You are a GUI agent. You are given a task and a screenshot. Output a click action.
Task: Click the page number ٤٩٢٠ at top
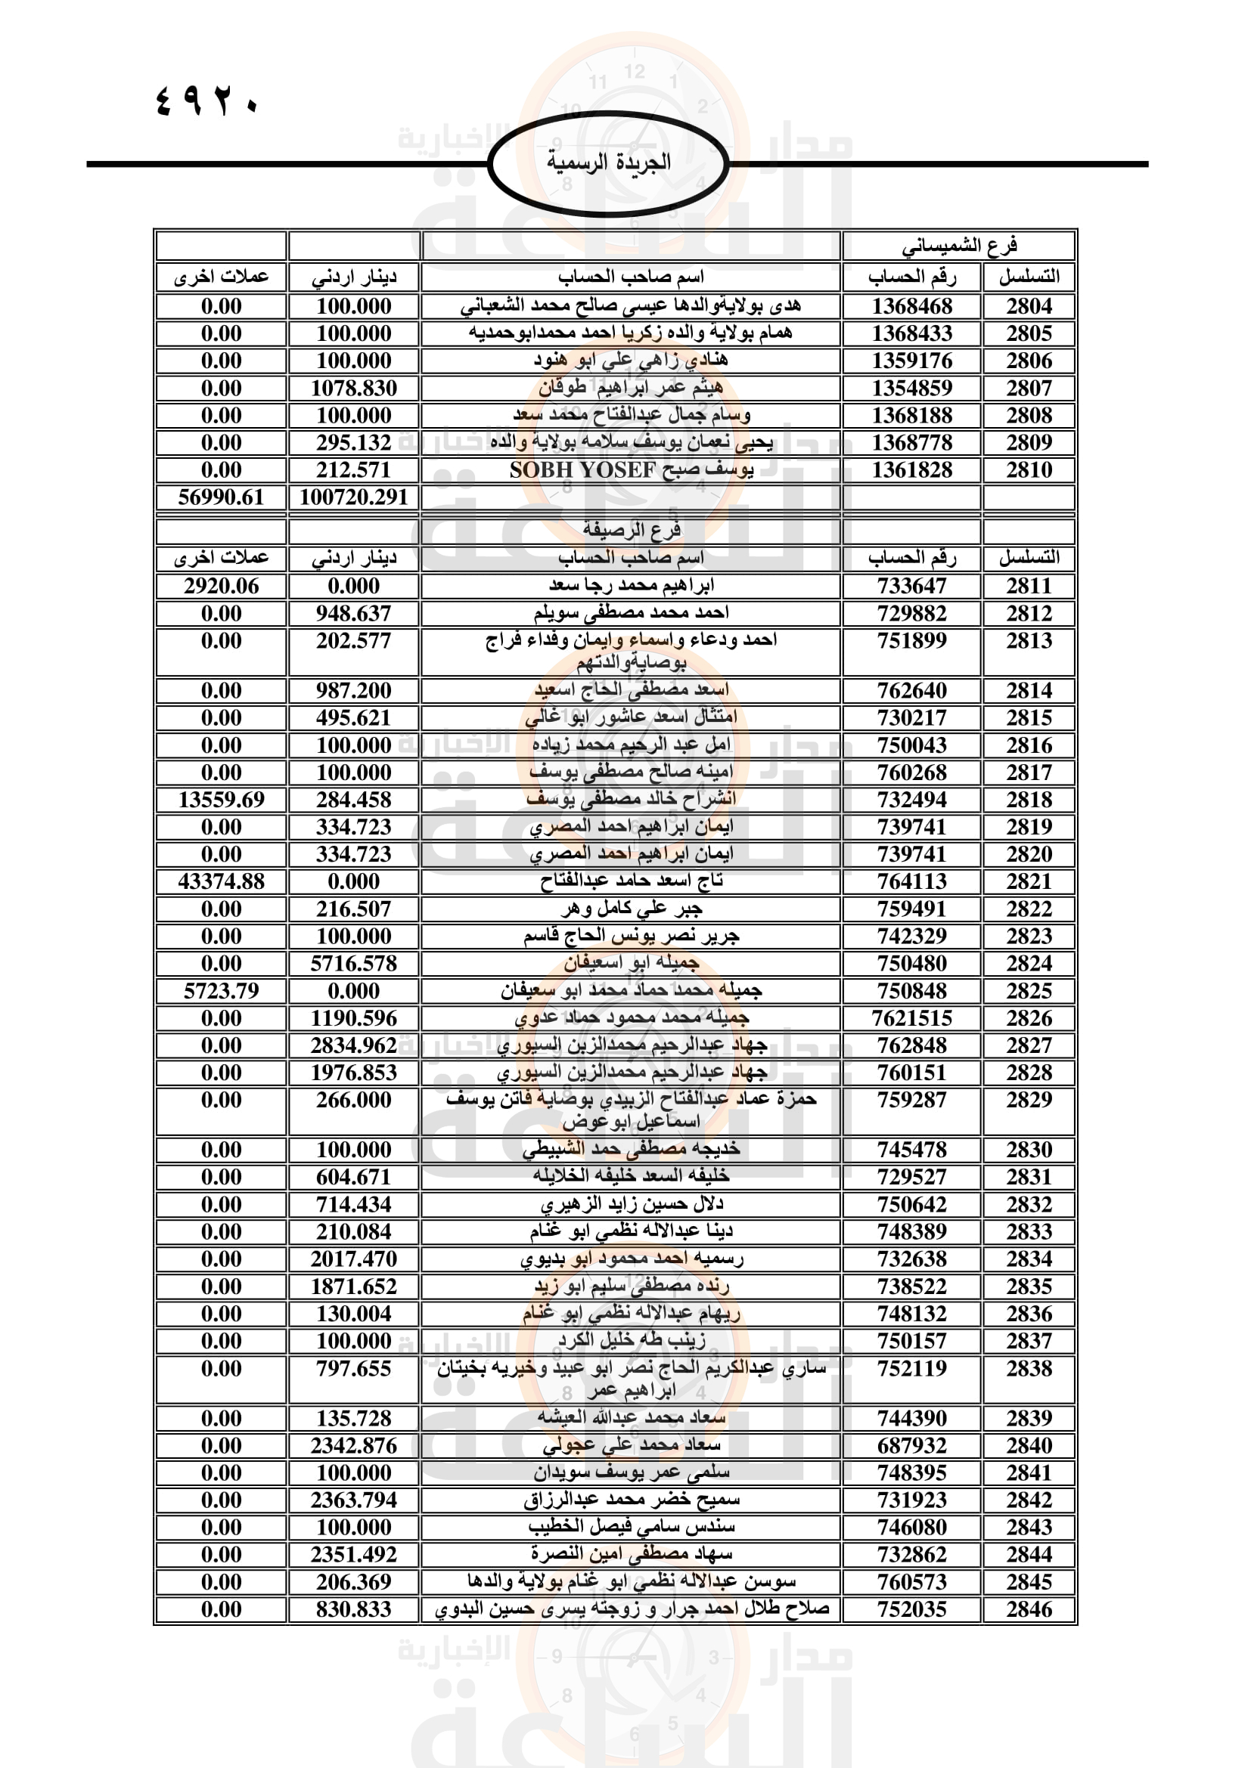click(206, 101)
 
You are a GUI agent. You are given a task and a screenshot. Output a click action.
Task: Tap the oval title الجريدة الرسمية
click(609, 162)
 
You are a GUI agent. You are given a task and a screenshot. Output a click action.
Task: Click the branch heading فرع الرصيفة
click(631, 530)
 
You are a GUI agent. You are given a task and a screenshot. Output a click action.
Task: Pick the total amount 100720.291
click(353, 497)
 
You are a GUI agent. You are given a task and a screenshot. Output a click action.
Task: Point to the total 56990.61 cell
click(221, 497)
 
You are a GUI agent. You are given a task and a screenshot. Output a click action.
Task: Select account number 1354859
click(911, 388)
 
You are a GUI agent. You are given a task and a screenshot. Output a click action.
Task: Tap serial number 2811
click(1029, 586)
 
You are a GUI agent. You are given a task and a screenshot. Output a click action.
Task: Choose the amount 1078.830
click(353, 388)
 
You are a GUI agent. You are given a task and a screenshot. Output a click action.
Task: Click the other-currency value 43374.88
click(221, 881)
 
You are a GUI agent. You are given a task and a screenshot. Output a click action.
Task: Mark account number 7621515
click(911, 1018)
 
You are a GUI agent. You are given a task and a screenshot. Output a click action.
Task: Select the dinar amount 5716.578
click(353, 963)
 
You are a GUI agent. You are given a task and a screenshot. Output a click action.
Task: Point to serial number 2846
click(1029, 1609)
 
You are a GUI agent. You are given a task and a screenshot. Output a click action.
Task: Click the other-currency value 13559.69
click(221, 799)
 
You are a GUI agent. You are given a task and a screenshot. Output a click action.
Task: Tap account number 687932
click(911, 1445)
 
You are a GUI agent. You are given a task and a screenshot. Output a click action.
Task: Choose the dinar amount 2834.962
click(353, 1045)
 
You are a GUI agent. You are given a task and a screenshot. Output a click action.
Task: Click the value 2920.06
click(221, 586)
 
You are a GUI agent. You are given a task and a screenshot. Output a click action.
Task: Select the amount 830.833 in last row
click(353, 1609)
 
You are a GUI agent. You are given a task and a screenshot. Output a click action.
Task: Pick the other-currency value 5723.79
click(221, 990)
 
